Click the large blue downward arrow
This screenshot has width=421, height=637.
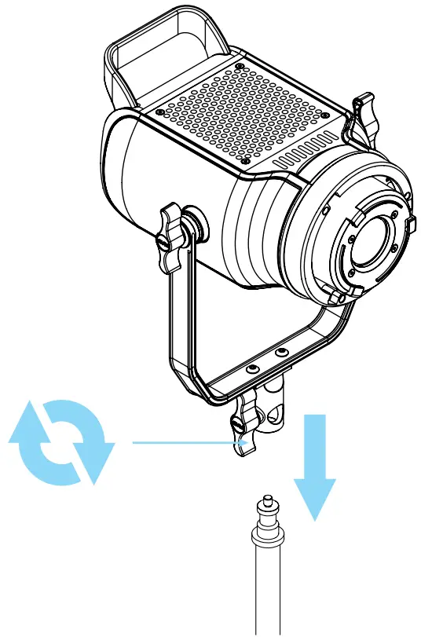pyautogui.click(x=316, y=471)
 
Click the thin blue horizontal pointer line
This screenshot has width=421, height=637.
pyautogui.click(x=189, y=443)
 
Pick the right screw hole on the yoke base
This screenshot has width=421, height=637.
pyautogui.click(x=280, y=354)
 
